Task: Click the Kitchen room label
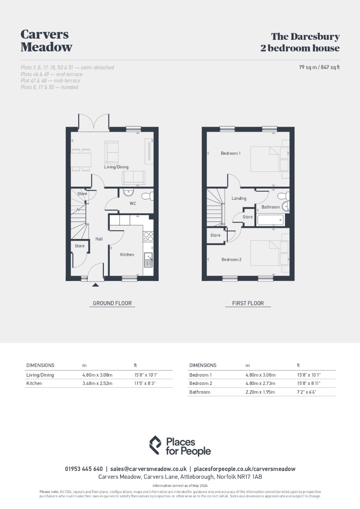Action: click(x=127, y=254)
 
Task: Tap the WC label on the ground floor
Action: click(x=133, y=203)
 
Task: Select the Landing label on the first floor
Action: click(x=239, y=198)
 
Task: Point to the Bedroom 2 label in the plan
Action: click(x=231, y=259)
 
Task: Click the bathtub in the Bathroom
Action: click(x=270, y=220)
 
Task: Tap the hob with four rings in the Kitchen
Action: click(x=148, y=237)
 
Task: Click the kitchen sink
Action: click(x=148, y=260)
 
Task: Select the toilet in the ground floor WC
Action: click(x=148, y=196)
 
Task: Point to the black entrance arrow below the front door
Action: click(x=96, y=285)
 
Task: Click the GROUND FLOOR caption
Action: click(x=112, y=303)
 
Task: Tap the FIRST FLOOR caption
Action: click(x=248, y=303)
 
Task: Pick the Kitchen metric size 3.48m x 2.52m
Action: click(x=97, y=383)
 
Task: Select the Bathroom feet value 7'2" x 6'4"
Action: click(x=307, y=392)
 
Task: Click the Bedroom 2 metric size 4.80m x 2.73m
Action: click(x=260, y=383)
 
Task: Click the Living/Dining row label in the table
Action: click(x=40, y=375)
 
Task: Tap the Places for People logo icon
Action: click(x=155, y=445)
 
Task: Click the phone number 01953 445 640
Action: click(x=84, y=469)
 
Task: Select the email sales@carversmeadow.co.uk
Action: click(x=148, y=469)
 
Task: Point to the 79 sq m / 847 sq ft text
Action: click(x=319, y=67)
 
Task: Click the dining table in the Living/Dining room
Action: click(x=81, y=160)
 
